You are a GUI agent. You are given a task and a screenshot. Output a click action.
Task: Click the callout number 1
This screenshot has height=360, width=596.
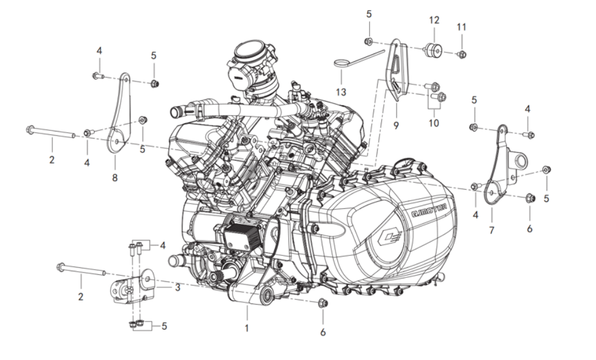tap(247, 327)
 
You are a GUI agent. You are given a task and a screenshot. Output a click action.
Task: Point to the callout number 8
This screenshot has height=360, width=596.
tap(115, 177)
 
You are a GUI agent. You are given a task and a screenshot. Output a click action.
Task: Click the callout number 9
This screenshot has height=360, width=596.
tap(396, 125)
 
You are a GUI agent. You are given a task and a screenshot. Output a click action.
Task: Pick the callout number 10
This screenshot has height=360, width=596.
tap(434, 123)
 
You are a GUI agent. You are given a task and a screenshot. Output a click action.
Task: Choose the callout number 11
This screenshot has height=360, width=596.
tap(462, 27)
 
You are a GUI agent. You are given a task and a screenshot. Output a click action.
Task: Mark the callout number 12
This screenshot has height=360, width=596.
tap(434, 20)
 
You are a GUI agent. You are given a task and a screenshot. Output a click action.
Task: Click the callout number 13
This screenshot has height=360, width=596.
tap(340, 92)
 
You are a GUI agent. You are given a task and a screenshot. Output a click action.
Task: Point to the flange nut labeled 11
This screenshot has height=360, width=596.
tap(462, 55)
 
